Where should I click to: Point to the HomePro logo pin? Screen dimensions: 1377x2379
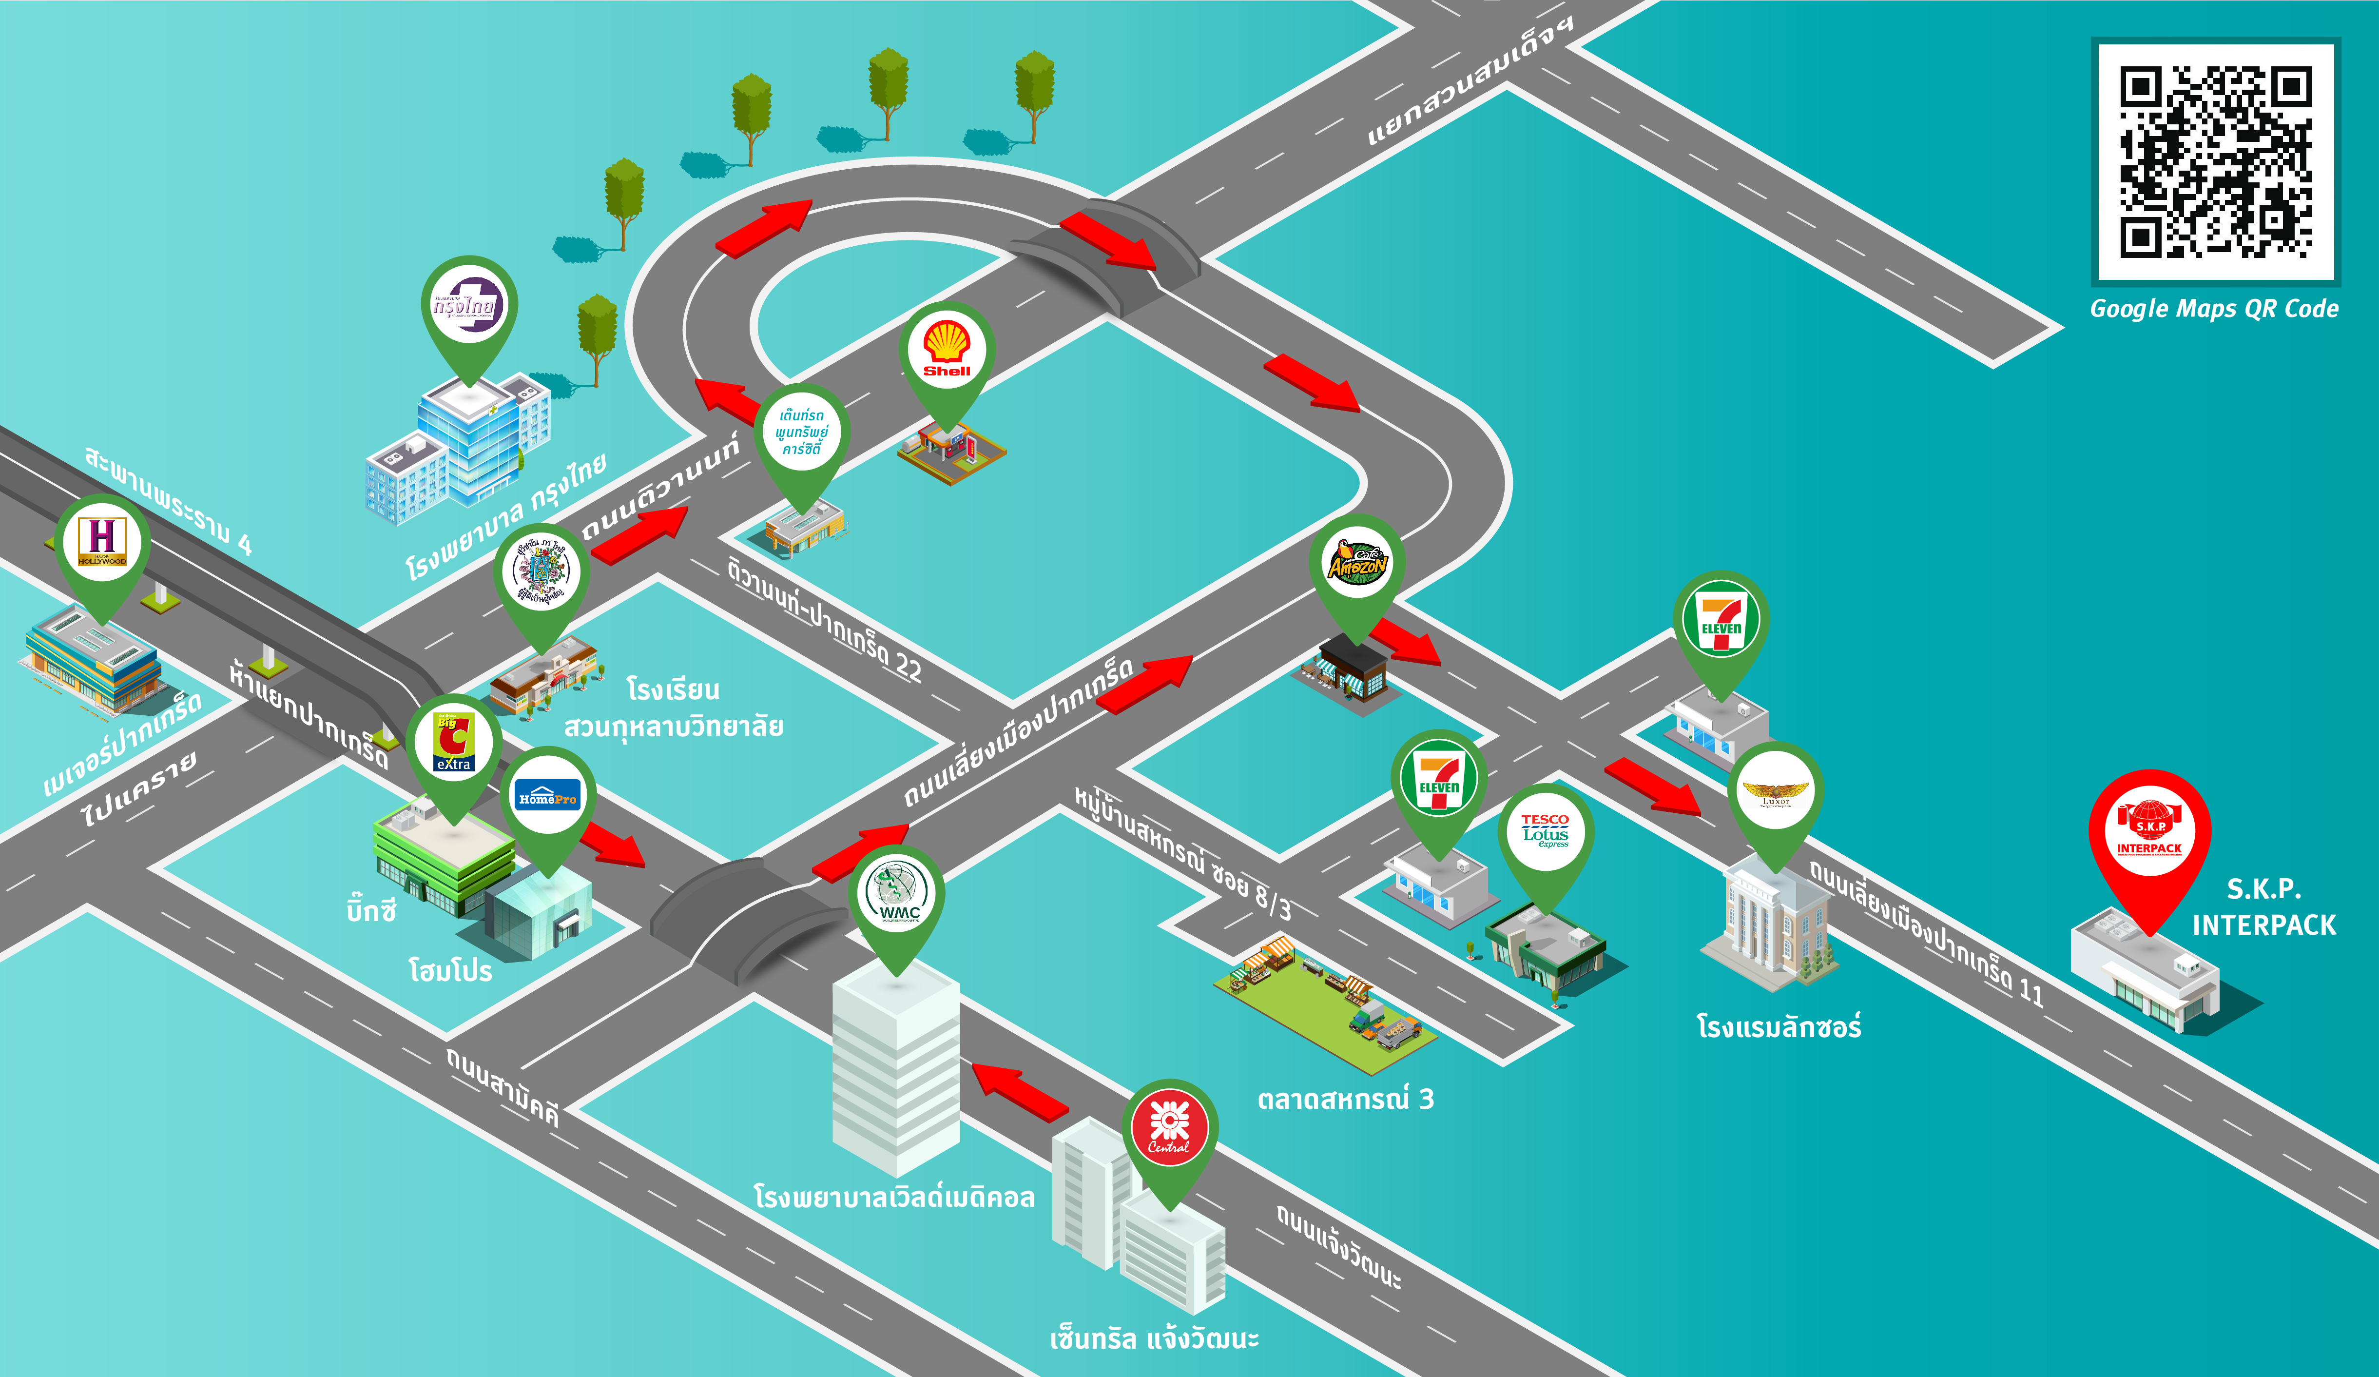coord(547,798)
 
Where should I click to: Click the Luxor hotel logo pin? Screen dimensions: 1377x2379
coord(1775,791)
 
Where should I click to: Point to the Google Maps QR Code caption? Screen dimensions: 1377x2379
coord(2214,309)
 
